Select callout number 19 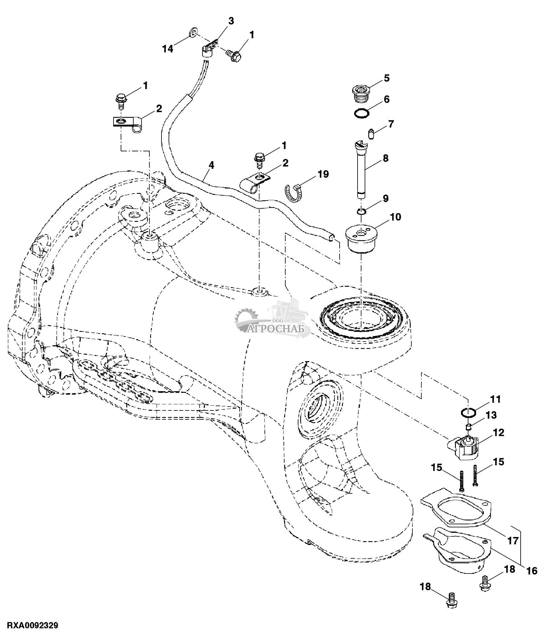[x=323, y=174]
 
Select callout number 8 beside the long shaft [x=385, y=158]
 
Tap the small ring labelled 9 [x=362, y=211]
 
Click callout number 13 [x=491, y=415]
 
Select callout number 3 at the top [x=231, y=21]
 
